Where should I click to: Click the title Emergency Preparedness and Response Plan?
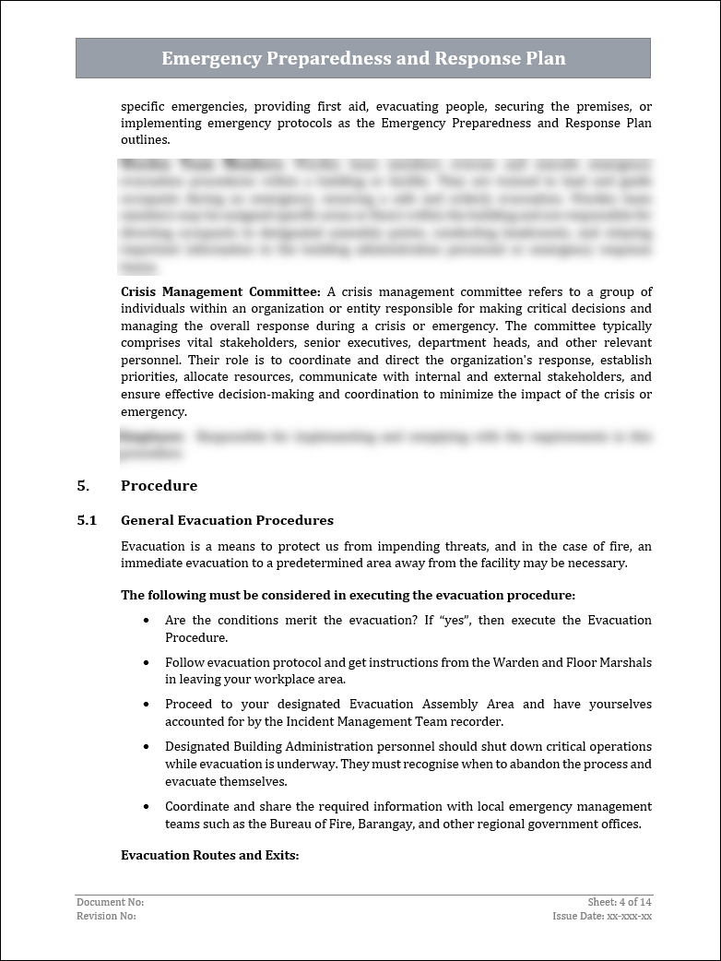(x=363, y=59)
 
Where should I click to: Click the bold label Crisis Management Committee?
(x=220, y=291)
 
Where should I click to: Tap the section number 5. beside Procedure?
(x=83, y=486)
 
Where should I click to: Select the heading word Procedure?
(x=159, y=486)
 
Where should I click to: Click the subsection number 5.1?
(x=87, y=520)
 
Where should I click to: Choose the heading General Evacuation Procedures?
(x=227, y=520)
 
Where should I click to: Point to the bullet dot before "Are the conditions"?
(x=147, y=621)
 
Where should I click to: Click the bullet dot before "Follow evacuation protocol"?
(x=147, y=663)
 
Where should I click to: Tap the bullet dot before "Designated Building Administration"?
(x=147, y=747)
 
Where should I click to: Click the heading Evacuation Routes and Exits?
(x=210, y=855)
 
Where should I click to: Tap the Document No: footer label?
(x=111, y=902)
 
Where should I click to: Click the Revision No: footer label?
(x=106, y=916)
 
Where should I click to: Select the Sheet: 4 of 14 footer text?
(x=620, y=902)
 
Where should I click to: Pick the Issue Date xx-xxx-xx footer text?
(x=602, y=916)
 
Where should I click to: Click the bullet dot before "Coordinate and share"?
(x=147, y=807)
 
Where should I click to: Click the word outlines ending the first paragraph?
(x=144, y=140)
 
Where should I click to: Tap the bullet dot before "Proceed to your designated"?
(x=147, y=705)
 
